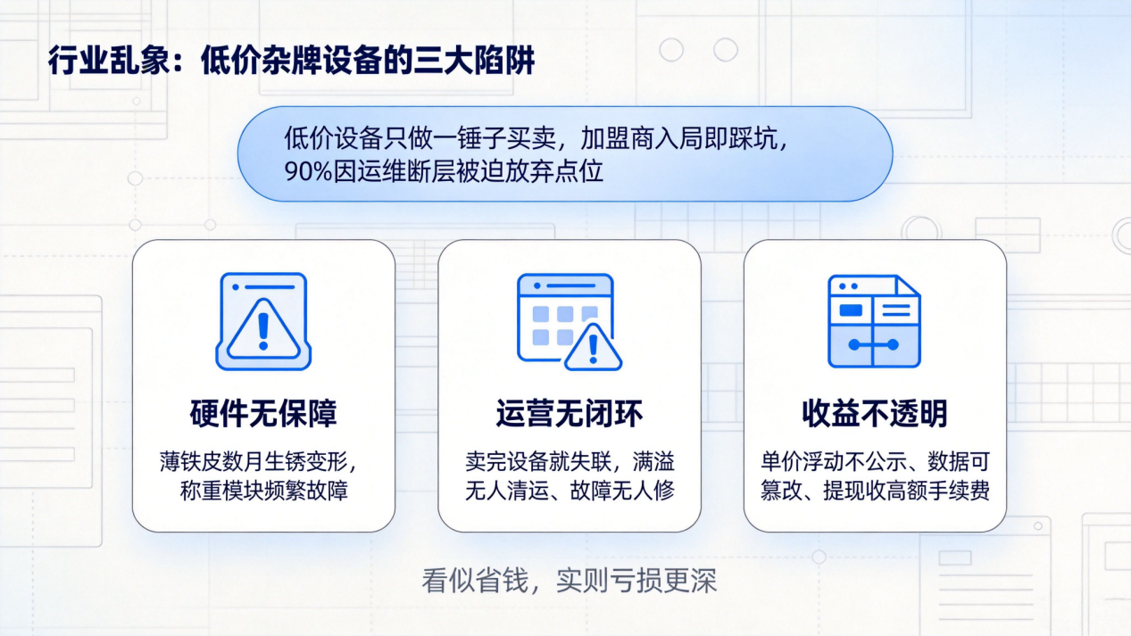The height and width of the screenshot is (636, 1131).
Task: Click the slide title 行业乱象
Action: coord(108,61)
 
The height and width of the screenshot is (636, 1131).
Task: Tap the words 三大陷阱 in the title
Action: coord(475,61)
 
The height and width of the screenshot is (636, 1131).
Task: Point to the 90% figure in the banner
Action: coord(308,171)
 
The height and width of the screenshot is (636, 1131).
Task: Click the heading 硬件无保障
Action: coord(263,414)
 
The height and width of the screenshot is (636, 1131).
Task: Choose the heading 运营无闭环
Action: coord(569,414)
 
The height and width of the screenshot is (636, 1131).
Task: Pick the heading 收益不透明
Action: coord(875,414)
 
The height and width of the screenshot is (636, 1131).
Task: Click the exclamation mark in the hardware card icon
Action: coord(263,331)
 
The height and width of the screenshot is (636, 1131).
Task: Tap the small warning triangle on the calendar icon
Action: coord(594,348)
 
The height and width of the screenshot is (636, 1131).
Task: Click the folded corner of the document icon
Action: coord(907,285)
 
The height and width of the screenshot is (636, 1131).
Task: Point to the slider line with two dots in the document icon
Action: coord(874,345)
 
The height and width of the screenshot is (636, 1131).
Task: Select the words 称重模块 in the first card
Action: coord(221,491)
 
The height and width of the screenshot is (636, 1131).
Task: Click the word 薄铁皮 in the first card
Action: coord(190,461)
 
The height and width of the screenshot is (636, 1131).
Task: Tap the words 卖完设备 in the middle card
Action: coord(506,461)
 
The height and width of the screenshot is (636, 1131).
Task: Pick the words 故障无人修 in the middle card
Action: coord(622,491)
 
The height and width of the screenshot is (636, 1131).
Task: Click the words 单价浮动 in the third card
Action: coord(803,461)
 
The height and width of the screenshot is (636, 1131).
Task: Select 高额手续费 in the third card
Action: coord(937,491)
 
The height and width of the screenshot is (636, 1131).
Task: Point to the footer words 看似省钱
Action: coord(475,581)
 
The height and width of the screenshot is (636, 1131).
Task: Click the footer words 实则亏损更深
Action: coord(636,581)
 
